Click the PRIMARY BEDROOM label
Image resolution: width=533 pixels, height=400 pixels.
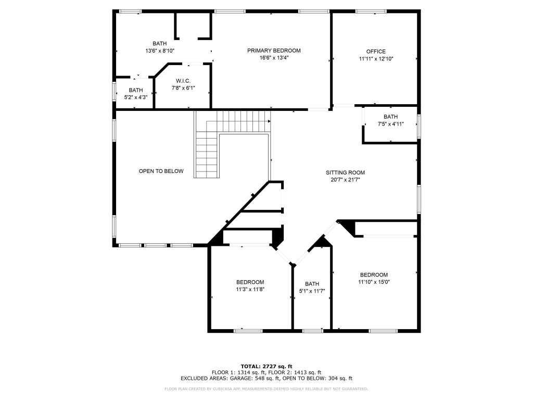point(274,51)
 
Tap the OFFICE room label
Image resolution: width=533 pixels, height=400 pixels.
point(376,52)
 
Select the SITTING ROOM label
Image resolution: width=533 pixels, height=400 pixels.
point(345,172)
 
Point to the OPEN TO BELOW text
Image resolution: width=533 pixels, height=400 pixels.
point(161,171)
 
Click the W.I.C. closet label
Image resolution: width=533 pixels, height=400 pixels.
point(183,81)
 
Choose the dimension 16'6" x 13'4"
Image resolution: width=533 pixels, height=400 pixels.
point(274,58)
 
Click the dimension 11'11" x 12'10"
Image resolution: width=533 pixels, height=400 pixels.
point(376,59)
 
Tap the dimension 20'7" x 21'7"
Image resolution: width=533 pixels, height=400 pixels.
point(345,180)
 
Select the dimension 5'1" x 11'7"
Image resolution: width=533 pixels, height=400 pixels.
point(312,291)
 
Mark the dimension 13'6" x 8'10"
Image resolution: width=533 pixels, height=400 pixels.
point(160,51)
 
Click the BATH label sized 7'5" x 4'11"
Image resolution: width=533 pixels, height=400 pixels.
point(390,117)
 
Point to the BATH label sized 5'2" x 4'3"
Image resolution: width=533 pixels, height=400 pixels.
point(135,90)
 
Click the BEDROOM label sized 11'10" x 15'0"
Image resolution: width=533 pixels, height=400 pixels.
point(374,275)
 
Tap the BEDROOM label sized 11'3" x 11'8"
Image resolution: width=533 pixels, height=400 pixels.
point(250,282)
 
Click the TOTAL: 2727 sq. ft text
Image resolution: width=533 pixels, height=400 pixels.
point(266,366)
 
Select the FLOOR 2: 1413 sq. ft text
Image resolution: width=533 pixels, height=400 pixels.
point(295,372)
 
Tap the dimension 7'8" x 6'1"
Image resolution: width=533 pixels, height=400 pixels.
point(183,88)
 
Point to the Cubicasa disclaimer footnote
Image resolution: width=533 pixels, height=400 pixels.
point(266,389)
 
